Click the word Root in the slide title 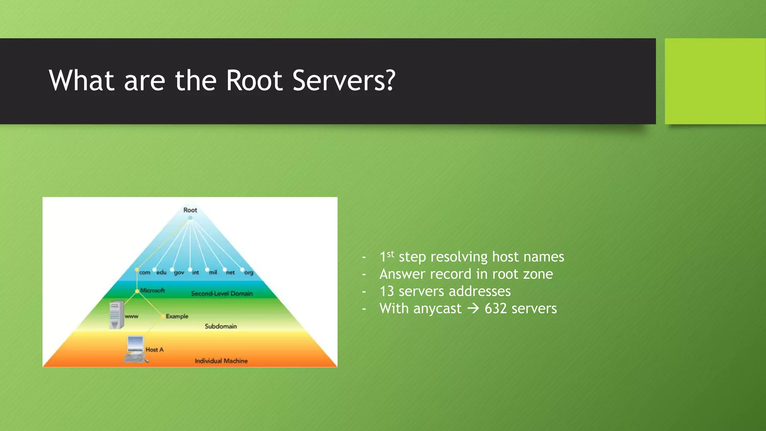(x=254, y=80)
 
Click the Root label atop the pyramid (x=190, y=210)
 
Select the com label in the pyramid (x=144, y=273)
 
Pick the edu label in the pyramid (x=161, y=272)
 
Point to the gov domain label (x=179, y=273)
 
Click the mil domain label (x=213, y=272)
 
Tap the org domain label (x=249, y=273)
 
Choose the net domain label (x=230, y=273)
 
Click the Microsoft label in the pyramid (x=152, y=290)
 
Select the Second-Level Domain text (x=222, y=294)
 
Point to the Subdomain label (x=221, y=326)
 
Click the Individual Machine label (x=221, y=361)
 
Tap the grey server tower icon (x=116, y=315)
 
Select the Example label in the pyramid (x=177, y=316)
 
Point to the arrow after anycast (x=473, y=309)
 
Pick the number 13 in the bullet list (x=387, y=291)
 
